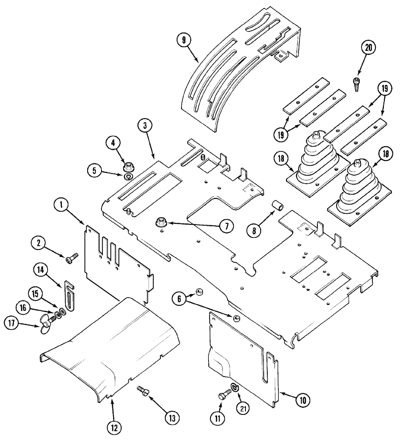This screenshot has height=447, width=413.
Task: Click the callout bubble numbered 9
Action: (x=182, y=40)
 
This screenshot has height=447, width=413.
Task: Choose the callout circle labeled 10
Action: (x=303, y=399)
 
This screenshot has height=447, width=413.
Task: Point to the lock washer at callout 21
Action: (x=235, y=387)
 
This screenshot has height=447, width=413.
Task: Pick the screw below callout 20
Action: (x=357, y=84)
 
